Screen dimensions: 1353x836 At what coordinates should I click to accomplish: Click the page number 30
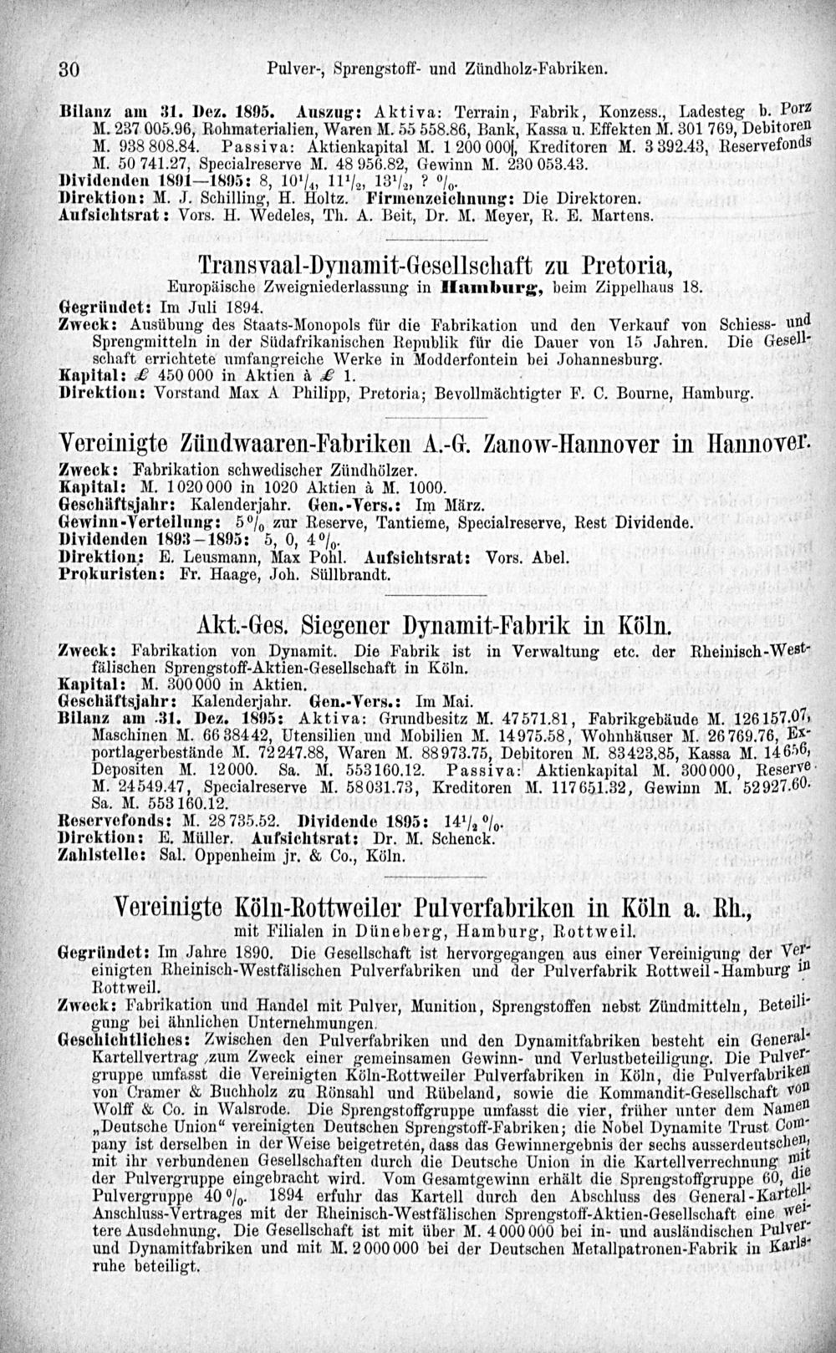click(68, 69)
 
